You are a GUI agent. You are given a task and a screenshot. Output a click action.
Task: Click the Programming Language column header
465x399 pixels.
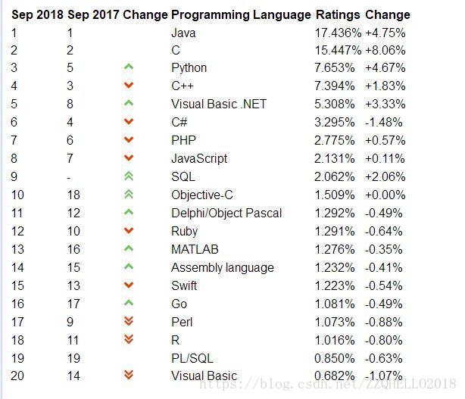pyautogui.click(x=241, y=15)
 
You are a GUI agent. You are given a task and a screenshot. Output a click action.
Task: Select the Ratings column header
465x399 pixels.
pyautogui.click(x=338, y=15)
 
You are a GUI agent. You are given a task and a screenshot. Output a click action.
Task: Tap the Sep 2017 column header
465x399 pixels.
pyautogui.click(x=93, y=15)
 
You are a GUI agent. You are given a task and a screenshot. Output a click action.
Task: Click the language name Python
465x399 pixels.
pyautogui.click(x=189, y=68)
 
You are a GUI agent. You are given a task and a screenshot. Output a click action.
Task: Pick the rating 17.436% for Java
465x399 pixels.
pyautogui.click(x=338, y=33)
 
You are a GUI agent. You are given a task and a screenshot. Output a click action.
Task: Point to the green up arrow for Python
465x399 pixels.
pyautogui.click(x=129, y=67)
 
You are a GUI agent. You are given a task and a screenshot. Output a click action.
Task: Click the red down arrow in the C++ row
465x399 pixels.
pyautogui.click(x=129, y=86)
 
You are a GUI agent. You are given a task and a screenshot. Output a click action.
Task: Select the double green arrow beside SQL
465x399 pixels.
pyautogui.click(x=129, y=176)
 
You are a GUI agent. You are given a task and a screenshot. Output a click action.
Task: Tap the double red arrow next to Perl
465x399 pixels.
pyautogui.click(x=129, y=321)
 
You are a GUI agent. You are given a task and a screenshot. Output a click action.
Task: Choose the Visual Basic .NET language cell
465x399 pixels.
pyautogui.click(x=219, y=104)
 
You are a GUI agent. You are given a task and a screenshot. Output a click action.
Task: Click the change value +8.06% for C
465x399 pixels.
pyautogui.click(x=385, y=51)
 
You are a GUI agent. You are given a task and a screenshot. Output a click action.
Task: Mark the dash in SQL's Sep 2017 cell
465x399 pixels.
pyautogui.click(x=69, y=178)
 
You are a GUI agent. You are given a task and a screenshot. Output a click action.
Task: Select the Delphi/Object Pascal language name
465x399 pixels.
pyautogui.click(x=226, y=214)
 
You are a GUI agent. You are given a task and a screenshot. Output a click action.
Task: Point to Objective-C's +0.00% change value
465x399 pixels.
pyautogui.click(x=385, y=195)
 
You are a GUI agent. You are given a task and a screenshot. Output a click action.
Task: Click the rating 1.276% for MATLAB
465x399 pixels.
pyautogui.click(x=335, y=250)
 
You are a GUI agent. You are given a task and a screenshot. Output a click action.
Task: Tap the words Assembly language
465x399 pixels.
pyautogui.click(x=223, y=268)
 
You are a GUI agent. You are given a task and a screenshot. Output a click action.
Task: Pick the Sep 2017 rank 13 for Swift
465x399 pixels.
pyautogui.click(x=73, y=285)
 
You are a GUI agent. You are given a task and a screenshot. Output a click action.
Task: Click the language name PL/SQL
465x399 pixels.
pyautogui.click(x=192, y=358)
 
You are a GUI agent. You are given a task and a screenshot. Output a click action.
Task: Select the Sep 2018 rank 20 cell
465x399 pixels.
pyautogui.click(x=17, y=376)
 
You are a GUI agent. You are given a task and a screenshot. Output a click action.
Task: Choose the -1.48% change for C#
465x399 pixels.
pyautogui.click(x=384, y=123)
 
